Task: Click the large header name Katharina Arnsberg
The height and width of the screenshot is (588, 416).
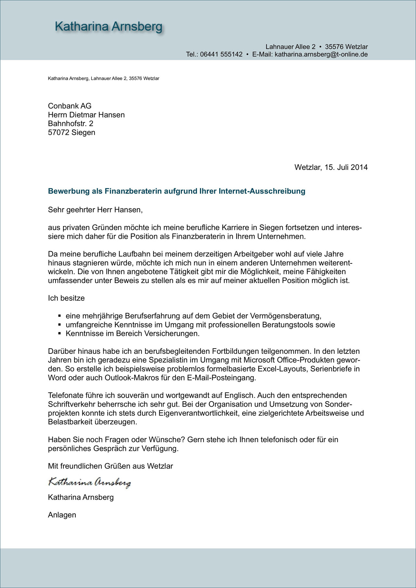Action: [109, 27]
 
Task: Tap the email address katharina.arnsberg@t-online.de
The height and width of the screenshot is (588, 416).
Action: [321, 55]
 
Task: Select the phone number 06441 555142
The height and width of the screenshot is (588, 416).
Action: [221, 55]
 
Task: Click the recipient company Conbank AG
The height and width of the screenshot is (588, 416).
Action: [70, 106]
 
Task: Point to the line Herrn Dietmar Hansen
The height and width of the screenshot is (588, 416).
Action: [86, 115]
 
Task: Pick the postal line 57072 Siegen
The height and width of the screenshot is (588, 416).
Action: [71, 133]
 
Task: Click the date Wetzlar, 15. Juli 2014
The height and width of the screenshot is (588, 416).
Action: [331, 167]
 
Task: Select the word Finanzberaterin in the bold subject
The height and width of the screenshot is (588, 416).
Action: [133, 191]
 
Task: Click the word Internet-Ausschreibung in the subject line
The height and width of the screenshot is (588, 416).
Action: [262, 191]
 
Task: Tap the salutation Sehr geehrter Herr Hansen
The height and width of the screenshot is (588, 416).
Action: [95, 210]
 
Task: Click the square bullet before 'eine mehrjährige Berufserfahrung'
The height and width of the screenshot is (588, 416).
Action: [59, 316]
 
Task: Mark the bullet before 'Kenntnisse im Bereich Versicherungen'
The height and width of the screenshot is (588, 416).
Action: [59, 333]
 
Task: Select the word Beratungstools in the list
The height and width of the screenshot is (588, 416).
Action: [287, 325]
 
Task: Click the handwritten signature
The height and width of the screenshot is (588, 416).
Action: [89, 482]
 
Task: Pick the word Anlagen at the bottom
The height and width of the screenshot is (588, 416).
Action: [62, 515]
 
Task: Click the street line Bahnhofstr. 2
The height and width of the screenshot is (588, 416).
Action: [71, 124]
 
